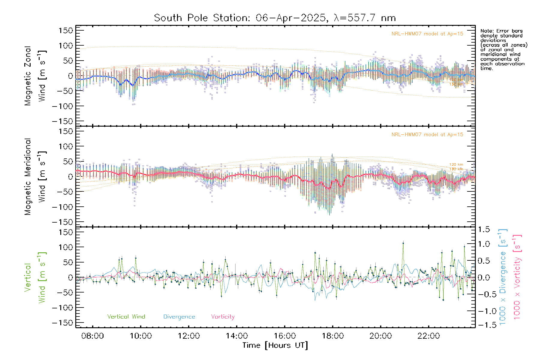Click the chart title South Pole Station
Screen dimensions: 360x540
[x=274, y=18]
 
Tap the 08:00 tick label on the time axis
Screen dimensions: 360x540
[x=92, y=336]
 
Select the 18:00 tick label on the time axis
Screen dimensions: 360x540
[x=332, y=336]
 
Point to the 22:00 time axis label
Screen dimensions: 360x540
[x=428, y=336]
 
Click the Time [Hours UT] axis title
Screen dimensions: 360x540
[x=275, y=345]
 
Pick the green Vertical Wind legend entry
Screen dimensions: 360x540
[x=126, y=316]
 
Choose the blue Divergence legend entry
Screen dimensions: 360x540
[x=179, y=316]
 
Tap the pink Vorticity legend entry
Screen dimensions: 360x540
[x=223, y=316]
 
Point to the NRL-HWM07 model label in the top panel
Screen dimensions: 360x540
[x=427, y=34]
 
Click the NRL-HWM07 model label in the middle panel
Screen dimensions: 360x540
[x=427, y=135]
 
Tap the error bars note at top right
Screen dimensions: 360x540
[x=503, y=49]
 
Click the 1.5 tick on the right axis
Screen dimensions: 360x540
[x=484, y=229]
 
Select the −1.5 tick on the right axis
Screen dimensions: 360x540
[x=483, y=325]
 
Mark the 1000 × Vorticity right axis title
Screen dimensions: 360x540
[x=517, y=277]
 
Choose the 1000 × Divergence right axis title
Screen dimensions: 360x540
[x=503, y=277]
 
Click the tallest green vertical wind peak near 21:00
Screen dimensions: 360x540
[x=403, y=243]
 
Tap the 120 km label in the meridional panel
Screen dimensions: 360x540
[x=456, y=164]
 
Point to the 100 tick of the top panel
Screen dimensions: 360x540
[x=66, y=46]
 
